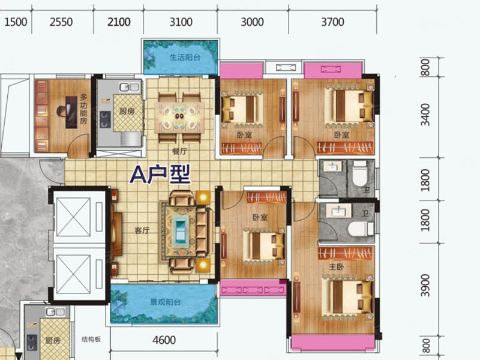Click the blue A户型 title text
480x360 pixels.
pyautogui.click(x=161, y=175)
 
